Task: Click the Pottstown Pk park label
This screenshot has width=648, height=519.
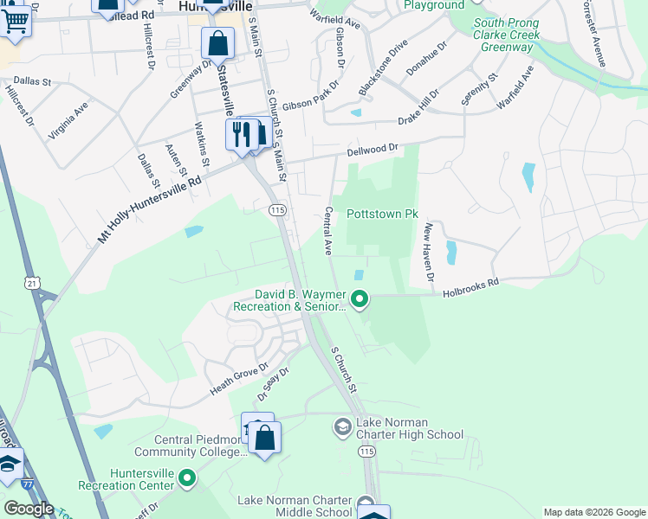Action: [x=382, y=214]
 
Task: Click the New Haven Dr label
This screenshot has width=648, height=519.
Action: [x=428, y=252]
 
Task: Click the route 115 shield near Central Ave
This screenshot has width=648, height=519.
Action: [x=277, y=210]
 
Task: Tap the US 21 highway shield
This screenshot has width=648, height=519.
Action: [x=32, y=283]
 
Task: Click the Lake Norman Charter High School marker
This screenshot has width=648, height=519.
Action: [x=343, y=426]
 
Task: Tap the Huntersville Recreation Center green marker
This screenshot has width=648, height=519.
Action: [x=187, y=477]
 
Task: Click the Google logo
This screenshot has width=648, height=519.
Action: [x=28, y=509]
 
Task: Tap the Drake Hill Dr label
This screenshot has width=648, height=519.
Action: [x=430, y=98]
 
